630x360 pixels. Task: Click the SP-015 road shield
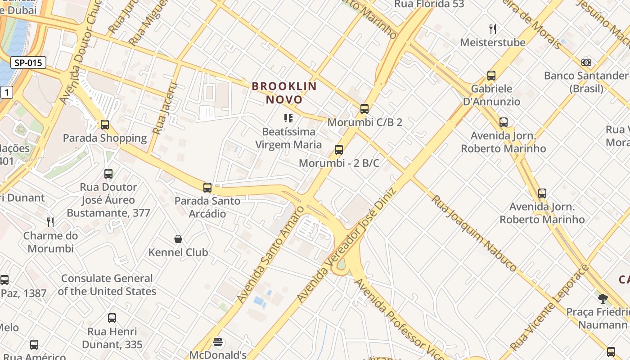[x=28, y=63]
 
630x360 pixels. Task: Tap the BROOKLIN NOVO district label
[x=284, y=93]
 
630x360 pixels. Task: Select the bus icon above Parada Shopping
[x=105, y=125]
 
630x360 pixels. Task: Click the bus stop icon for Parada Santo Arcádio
[x=207, y=188]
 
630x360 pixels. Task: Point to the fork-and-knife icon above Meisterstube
[x=493, y=30]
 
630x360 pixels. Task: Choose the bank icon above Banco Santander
[x=586, y=63]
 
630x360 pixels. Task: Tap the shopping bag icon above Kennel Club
[x=178, y=239]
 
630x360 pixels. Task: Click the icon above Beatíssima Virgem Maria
[x=288, y=118]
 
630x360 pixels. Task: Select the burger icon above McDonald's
[x=218, y=342]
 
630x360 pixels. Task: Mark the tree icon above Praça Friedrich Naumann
[x=603, y=298]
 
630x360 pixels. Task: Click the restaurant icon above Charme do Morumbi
[x=50, y=222]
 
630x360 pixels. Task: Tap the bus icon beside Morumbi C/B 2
[x=364, y=109]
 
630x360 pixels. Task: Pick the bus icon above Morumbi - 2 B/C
[x=339, y=150]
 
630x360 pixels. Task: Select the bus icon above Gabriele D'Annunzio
[x=491, y=76]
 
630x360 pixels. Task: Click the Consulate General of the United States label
[x=107, y=285]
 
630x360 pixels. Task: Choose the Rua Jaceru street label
[x=164, y=108]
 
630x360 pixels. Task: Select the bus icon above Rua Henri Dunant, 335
[x=112, y=318]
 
